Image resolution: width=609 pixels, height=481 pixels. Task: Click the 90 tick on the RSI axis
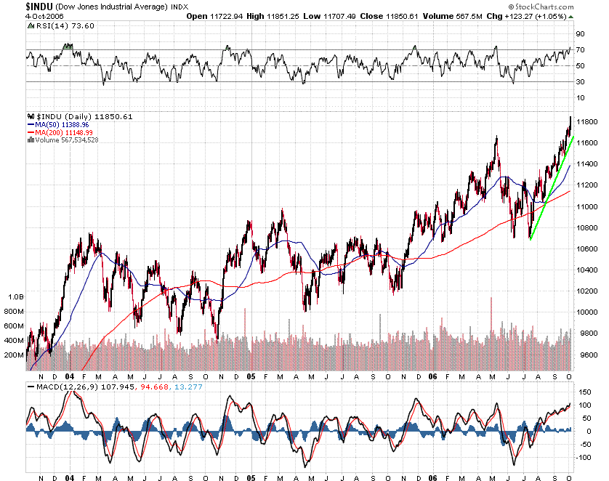point(581,33)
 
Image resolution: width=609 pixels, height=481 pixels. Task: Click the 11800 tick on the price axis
point(586,121)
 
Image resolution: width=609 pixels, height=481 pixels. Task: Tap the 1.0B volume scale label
point(16,297)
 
